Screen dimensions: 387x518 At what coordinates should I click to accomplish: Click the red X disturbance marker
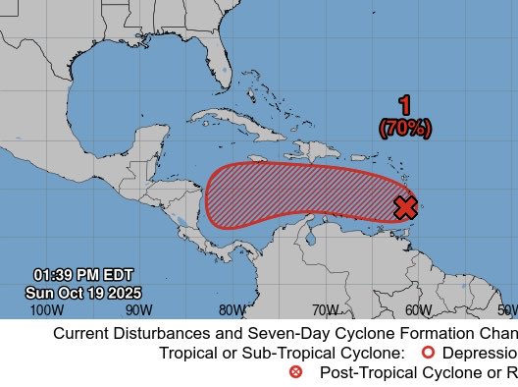point(405,207)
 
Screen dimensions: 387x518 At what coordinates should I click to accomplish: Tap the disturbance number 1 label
point(404,106)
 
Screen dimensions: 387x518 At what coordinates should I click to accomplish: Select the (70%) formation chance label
point(404,128)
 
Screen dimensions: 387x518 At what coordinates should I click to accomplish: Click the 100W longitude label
point(46,310)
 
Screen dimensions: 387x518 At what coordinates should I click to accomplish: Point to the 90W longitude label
point(139,310)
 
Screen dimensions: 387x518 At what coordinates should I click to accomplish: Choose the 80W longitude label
point(233,310)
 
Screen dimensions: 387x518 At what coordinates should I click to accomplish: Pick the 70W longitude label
point(326,310)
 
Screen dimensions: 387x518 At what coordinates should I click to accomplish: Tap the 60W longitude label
point(418,310)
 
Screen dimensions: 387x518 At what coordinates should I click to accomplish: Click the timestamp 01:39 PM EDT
point(83,274)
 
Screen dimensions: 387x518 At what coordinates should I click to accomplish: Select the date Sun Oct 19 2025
point(83,293)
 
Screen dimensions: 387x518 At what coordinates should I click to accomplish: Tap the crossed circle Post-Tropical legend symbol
point(296,372)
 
